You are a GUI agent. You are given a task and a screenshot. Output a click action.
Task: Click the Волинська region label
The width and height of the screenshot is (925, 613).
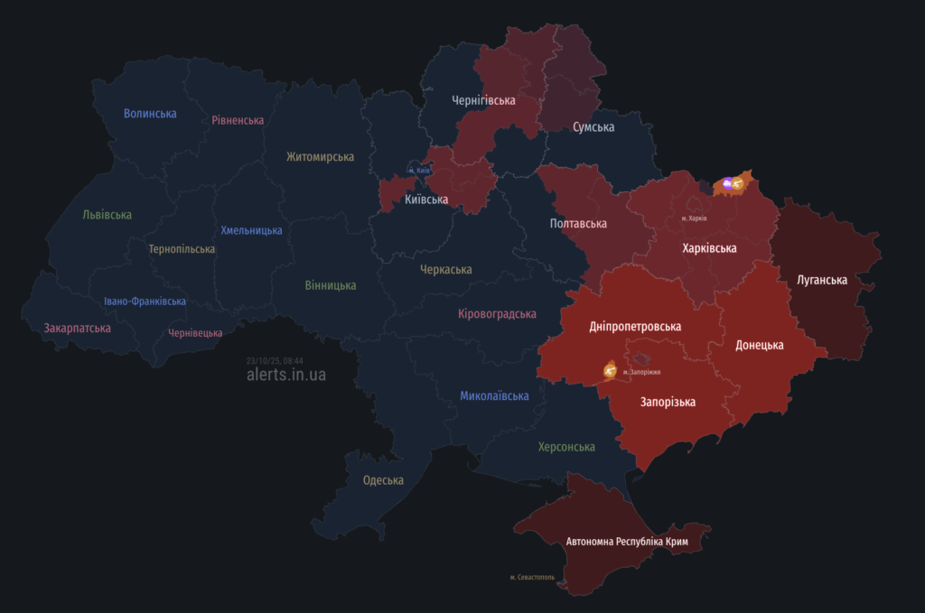coord(150,114)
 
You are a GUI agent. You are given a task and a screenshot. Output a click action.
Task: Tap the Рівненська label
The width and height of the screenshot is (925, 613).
coord(238,120)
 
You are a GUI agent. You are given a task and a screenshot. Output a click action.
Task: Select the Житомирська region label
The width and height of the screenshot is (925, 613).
coord(320,157)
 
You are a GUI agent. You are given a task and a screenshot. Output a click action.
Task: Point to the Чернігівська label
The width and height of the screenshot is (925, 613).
coord(483,100)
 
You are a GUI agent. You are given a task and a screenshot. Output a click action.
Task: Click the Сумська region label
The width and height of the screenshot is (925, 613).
coord(593,127)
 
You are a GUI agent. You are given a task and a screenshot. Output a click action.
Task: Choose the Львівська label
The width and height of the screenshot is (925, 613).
coord(107,215)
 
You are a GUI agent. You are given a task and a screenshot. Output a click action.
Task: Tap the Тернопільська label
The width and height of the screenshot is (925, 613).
coord(182,249)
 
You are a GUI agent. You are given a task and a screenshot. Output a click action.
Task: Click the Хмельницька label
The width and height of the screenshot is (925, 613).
coord(251,230)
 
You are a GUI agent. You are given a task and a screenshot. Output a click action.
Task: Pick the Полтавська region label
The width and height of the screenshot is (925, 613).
coord(578,223)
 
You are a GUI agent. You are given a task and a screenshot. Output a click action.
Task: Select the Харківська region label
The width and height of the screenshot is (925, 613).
coord(709,247)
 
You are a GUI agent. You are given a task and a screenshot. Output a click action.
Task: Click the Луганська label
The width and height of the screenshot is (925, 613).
coord(822,280)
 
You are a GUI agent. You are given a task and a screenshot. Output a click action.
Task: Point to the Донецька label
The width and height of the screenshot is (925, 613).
coord(760,345)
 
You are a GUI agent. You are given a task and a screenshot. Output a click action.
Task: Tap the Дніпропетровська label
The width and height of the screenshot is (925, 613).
coord(635,326)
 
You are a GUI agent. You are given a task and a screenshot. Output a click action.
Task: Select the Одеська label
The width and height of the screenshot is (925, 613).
coord(383,480)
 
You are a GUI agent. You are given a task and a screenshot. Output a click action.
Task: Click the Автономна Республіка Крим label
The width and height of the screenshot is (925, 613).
coord(627,542)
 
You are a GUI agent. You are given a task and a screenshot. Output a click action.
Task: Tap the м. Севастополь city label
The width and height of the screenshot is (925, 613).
coord(532,577)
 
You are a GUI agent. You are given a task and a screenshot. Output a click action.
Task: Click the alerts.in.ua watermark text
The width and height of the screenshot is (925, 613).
coord(286,375)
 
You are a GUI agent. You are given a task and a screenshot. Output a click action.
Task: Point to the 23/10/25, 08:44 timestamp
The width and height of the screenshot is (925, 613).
coord(275,360)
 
